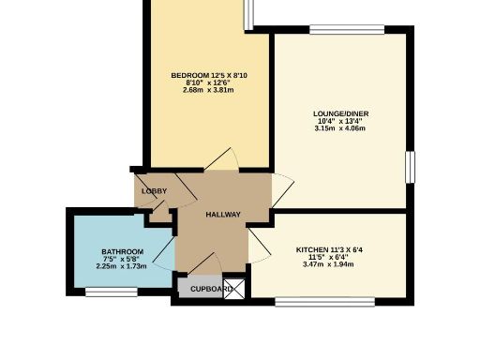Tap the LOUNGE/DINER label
point(340,113)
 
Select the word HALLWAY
point(223,215)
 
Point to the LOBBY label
point(154,191)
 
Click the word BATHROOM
point(122,252)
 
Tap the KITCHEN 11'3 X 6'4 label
point(329,249)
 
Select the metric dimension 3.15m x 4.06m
point(339,128)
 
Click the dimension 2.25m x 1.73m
point(122,266)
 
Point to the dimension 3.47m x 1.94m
point(329,265)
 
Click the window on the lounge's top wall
point(338,30)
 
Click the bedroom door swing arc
point(221,160)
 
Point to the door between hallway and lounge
point(277,191)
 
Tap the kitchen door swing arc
point(260,247)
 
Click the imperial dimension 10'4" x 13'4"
point(340,121)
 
